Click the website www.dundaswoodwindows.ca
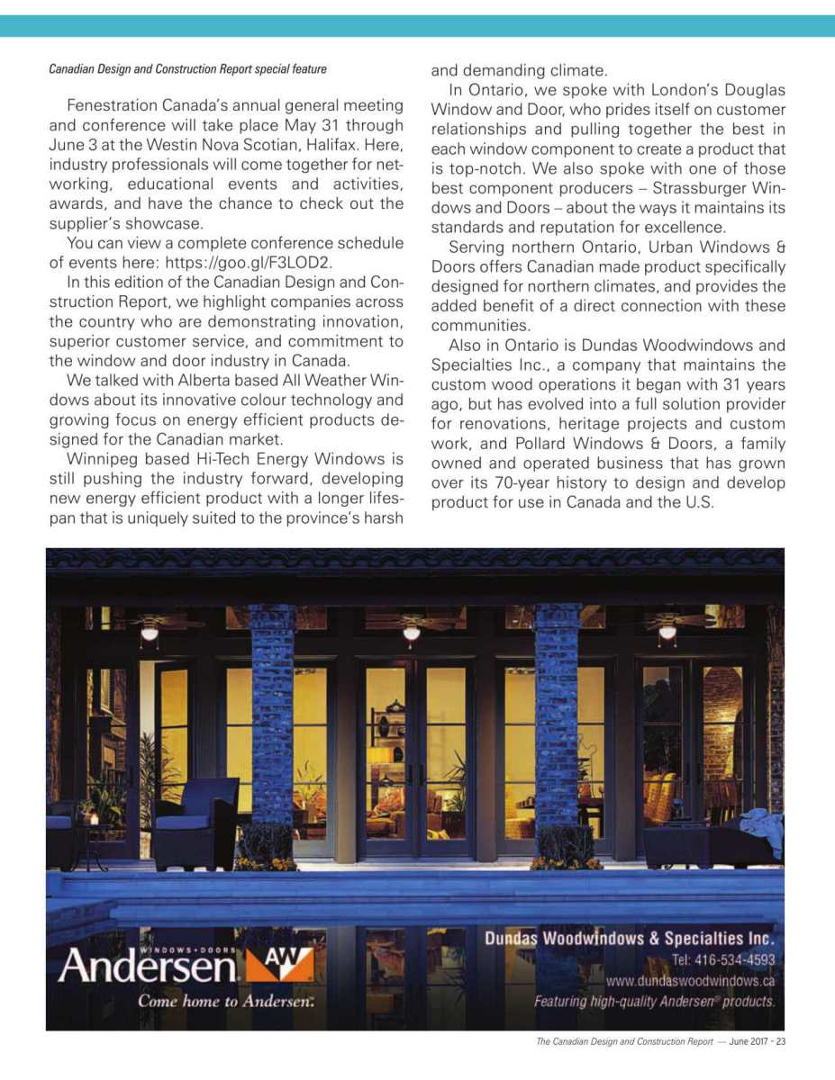click(x=690, y=981)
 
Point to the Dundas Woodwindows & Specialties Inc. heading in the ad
click(x=630, y=938)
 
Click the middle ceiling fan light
click(x=412, y=633)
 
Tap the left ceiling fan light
click(x=150, y=634)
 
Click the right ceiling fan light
click(x=667, y=632)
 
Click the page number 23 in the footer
click(x=781, y=1042)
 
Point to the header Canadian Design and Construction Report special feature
click(x=187, y=68)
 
